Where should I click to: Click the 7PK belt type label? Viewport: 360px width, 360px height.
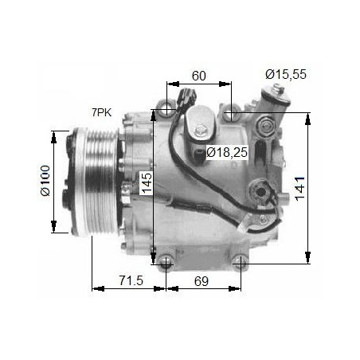(102, 112)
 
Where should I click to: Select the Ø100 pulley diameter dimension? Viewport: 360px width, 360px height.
(45, 181)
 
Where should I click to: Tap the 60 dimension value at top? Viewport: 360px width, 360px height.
(199, 76)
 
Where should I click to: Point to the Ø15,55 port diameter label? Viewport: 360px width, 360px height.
(286, 74)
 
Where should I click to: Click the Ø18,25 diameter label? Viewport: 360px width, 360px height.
(227, 152)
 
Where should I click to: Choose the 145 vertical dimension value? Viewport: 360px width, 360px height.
(147, 182)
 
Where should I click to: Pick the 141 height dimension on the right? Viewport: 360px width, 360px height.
(300, 189)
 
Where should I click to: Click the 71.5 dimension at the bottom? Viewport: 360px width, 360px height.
(131, 280)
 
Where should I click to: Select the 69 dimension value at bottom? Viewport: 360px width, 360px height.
(202, 281)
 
